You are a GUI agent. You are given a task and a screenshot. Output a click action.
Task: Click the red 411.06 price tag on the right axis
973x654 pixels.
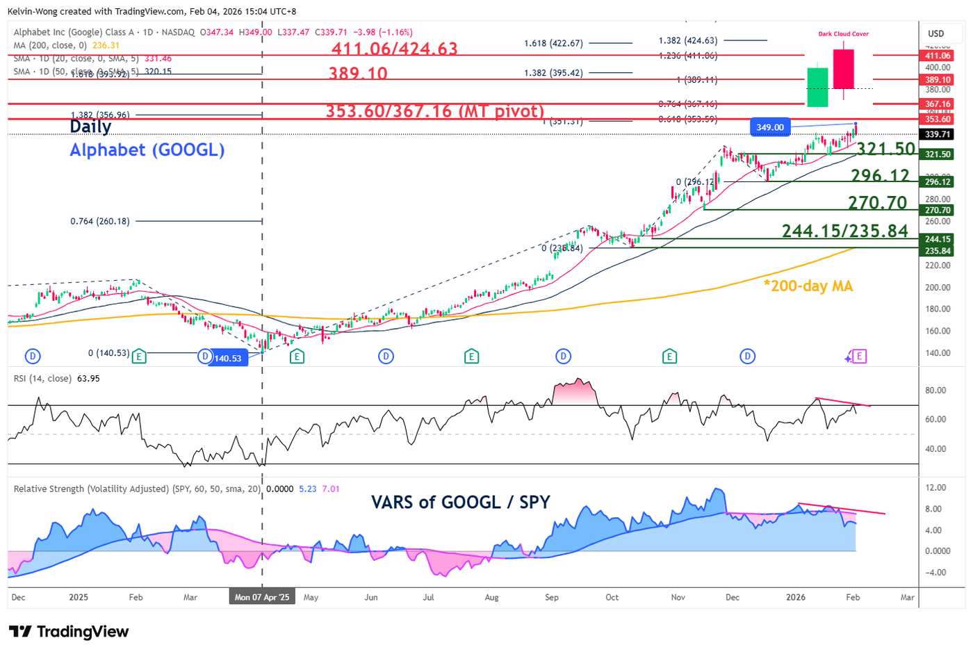click(x=937, y=56)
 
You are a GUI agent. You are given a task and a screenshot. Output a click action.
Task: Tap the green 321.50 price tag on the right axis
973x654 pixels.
click(x=937, y=154)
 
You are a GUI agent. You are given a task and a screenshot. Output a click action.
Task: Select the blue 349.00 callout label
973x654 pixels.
click(x=770, y=127)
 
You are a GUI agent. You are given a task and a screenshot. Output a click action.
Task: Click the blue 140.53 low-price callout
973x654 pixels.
click(x=228, y=358)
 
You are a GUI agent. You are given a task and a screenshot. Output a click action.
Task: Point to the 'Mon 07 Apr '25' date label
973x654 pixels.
click(x=262, y=597)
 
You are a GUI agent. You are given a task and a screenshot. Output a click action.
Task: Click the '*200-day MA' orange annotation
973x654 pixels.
click(x=808, y=286)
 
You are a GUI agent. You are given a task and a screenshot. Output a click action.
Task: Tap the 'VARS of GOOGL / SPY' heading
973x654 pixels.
click(x=460, y=502)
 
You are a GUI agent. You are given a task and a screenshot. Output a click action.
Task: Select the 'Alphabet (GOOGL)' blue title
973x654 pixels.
click(x=147, y=150)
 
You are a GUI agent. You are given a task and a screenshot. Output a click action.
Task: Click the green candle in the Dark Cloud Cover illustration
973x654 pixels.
click(x=817, y=87)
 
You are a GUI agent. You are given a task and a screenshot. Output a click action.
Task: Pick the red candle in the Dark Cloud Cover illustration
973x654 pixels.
click(x=843, y=70)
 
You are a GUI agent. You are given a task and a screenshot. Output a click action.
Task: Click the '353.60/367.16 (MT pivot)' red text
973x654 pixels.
click(x=434, y=111)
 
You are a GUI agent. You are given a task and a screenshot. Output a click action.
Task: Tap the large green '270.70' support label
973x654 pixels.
click(x=877, y=203)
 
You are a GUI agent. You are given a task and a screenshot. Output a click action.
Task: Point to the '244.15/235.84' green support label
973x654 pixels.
click(x=844, y=231)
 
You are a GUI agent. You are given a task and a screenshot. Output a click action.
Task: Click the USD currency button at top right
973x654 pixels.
click(x=936, y=33)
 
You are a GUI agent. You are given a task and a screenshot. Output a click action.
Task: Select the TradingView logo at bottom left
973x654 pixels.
click(x=69, y=631)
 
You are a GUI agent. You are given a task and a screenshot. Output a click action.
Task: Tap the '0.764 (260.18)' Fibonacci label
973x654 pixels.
click(x=100, y=221)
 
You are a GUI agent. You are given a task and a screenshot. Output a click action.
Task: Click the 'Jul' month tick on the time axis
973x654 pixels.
click(x=428, y=597)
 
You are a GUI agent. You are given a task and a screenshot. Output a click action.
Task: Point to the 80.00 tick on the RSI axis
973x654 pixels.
click(x=935, y=391)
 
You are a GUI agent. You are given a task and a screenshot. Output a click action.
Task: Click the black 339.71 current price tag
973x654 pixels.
click(x=937, y=134)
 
